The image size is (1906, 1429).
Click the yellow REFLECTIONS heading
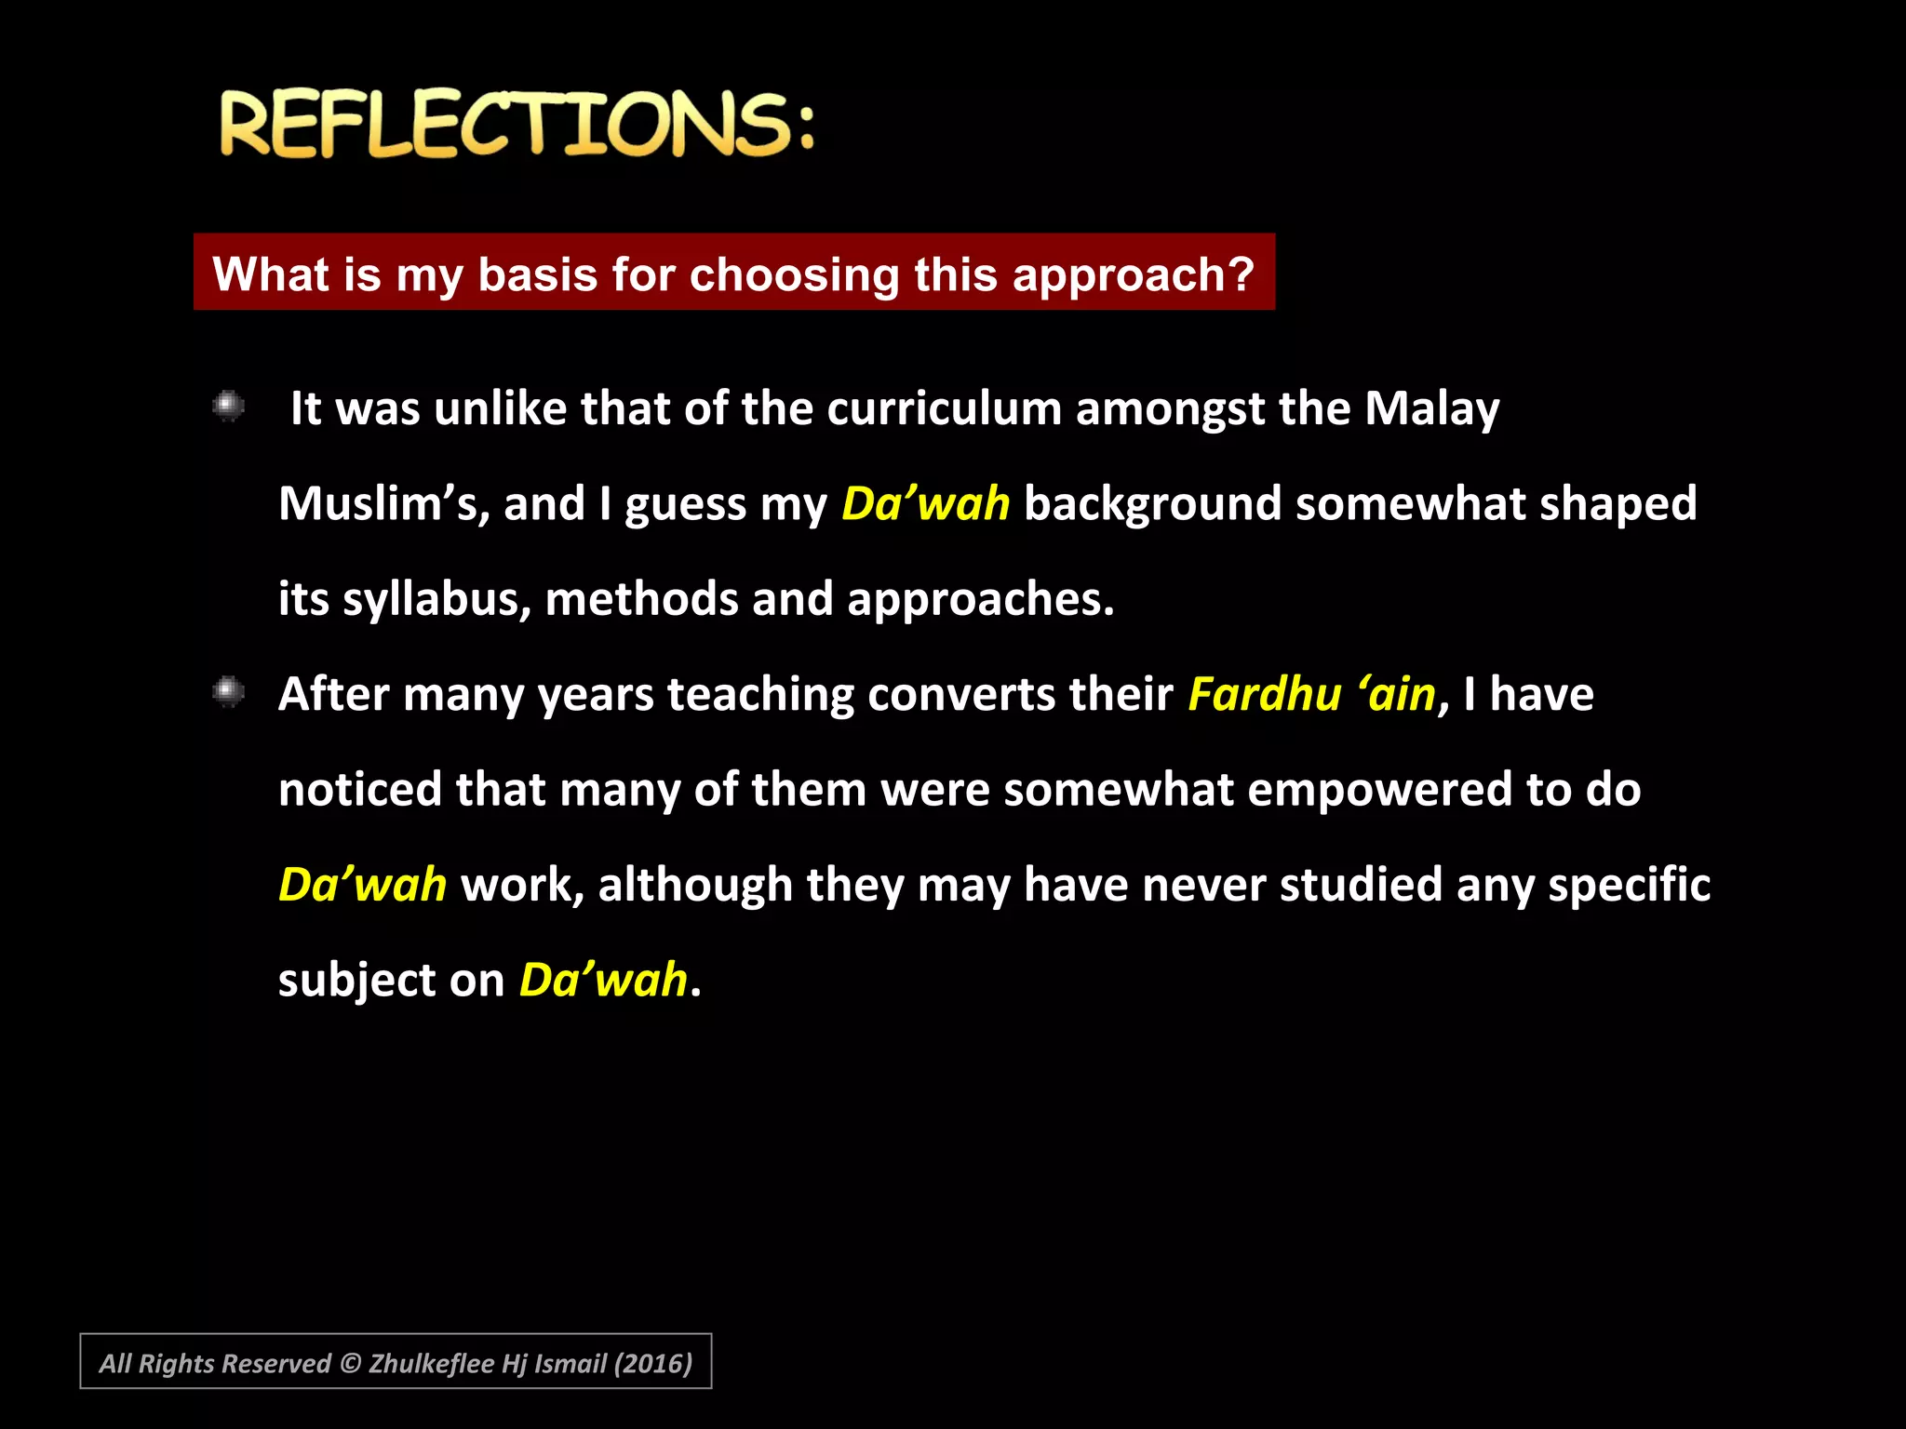517,124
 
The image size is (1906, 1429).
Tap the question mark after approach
1242,274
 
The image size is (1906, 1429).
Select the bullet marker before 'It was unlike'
228,407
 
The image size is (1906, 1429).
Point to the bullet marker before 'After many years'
228,692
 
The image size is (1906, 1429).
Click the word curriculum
944,408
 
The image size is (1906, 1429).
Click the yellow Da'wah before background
925,504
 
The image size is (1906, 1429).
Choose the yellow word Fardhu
1264,695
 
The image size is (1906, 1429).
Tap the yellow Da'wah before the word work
363,885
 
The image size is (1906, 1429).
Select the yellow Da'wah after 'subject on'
603,981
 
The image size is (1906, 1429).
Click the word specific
1629,885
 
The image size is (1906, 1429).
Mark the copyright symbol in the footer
350,1364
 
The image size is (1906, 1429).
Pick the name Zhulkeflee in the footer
431,1364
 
